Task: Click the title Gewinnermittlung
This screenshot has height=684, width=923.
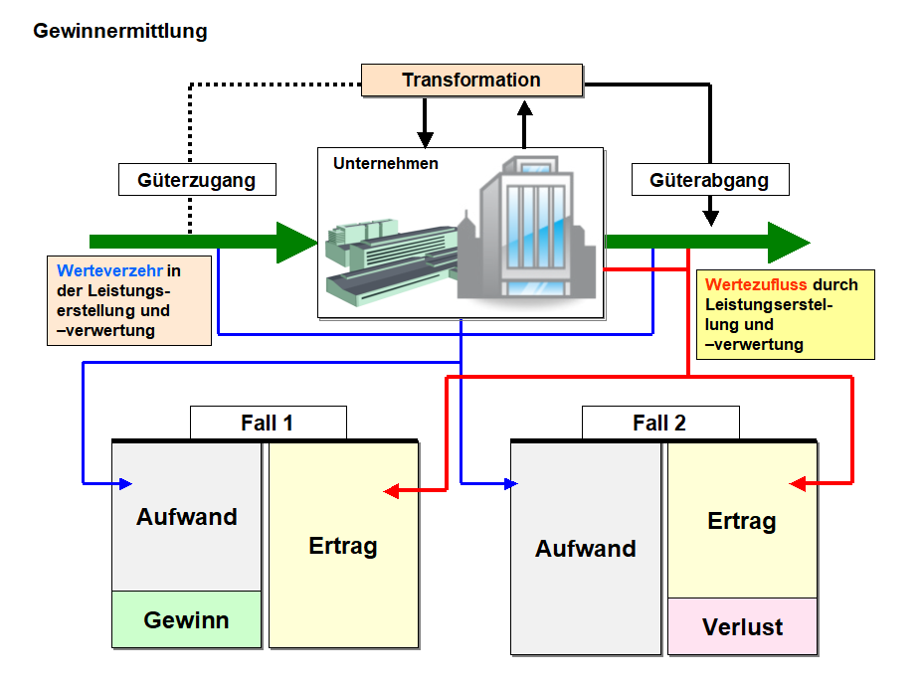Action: pyautogui.click(x=120, y=31)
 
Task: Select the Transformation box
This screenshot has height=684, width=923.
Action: pyautogui.click(x=471, y=81)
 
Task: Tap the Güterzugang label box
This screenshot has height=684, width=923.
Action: pyautogui.click(x=197, y=180)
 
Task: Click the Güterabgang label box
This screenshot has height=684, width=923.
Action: pyautogui.click(x=709, y=180)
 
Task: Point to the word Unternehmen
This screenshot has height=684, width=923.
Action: pyautogui.click(x=386, y=163)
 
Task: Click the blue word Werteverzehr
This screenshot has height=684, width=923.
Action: pyautogui.click(x=110, y=269)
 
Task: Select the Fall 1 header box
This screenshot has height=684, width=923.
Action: pyautogui.click(x=268, y=423)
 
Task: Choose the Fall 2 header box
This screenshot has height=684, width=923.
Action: pyautogui.click(x=659, y=423)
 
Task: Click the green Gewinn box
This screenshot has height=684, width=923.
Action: pyautogui.click(x=186, y=620)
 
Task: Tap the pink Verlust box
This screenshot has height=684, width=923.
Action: pyautogui.click(x=742, y=627)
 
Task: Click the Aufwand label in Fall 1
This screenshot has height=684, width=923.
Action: pyautogui.click(x=187, y=517)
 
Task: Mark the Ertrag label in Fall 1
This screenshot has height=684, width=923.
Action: pyautogui.click(x=343, y=546)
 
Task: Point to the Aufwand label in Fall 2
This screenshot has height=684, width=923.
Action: pyautogui.click(x=586, y=549)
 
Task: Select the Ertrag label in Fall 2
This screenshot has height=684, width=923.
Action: pyautogui.click(x=742, y=521)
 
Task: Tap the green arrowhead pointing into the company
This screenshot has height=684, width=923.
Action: pyautogui.click(x=296, y=242)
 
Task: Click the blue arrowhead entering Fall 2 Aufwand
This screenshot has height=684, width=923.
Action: pyautogui.click(x=511, y=484)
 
